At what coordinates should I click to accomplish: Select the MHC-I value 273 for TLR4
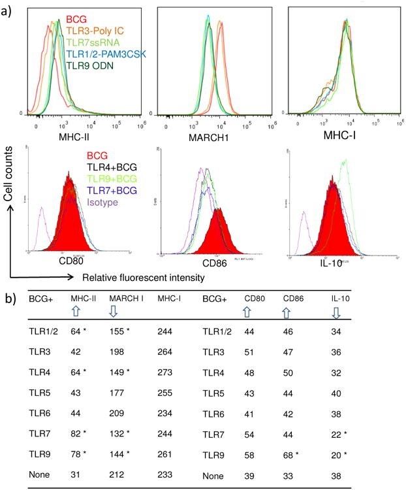pos(166,377)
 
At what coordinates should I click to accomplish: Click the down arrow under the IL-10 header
pos(336,314)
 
